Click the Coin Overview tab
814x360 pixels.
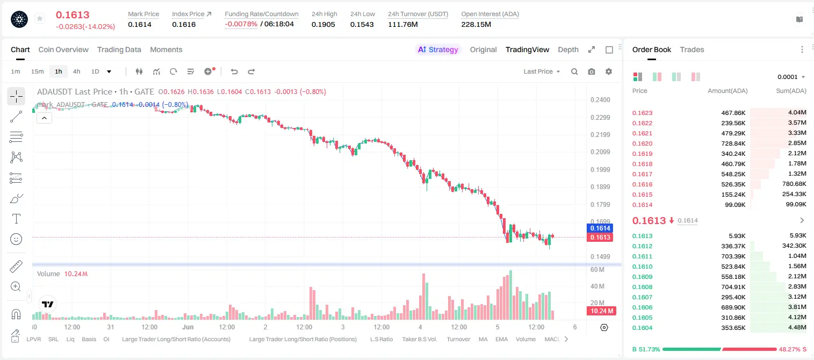(x=63, y=49)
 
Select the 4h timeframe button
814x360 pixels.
(x=76, y=71)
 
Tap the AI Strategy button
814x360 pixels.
(x=438, y=49)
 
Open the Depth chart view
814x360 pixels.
(x=568, y=49)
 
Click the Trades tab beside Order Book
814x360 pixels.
(x=692, y=49)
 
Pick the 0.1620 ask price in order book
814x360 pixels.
(x=642, y=143)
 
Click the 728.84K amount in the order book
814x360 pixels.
(x=733, y=143)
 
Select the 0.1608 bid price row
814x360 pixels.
(x=642, y=287)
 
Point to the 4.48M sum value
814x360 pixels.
(x=797, y=327)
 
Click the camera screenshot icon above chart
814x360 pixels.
(x=592, y=71)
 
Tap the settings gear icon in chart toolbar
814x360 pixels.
(x=609, y=71)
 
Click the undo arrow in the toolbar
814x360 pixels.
(x=234, y=71)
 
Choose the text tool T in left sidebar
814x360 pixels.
(x=16, y=219)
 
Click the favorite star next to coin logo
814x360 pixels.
(x=40, y=18)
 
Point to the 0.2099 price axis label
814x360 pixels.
(x=600, y=152)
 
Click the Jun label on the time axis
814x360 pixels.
(x=188, y=327)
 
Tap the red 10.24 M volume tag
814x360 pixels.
(x=601, y=311)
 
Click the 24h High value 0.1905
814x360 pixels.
(x=323, y=24)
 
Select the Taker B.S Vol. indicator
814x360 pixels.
(x=419, y=339)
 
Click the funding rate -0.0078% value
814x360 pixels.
(x=241, y=24)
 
